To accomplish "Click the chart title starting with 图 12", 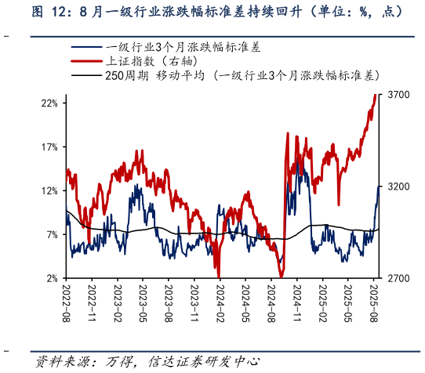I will tap(212, 13).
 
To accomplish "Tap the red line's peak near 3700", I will tap(374, 95).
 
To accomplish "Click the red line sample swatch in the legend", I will tap(85, 61).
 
